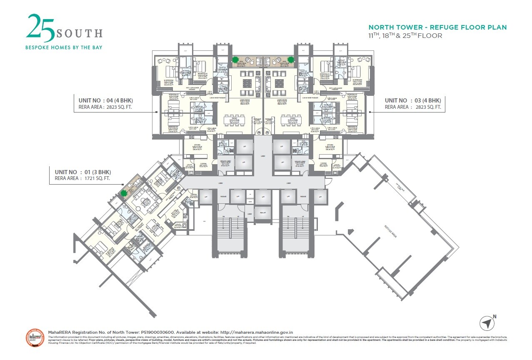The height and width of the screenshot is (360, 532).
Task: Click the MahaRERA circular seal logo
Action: [35, 339]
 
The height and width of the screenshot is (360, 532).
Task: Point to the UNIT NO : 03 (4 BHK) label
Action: [412, 100]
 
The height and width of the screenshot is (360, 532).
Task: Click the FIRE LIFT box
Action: [262, 213]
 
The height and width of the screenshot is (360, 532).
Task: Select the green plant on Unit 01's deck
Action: [124, 193]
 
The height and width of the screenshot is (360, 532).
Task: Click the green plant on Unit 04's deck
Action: [235, 59]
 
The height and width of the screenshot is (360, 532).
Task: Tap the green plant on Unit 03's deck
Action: [291, 59]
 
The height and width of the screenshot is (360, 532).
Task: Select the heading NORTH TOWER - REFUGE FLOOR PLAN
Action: [437, 27]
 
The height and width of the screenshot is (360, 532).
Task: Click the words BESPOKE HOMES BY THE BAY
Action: [64, 47]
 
